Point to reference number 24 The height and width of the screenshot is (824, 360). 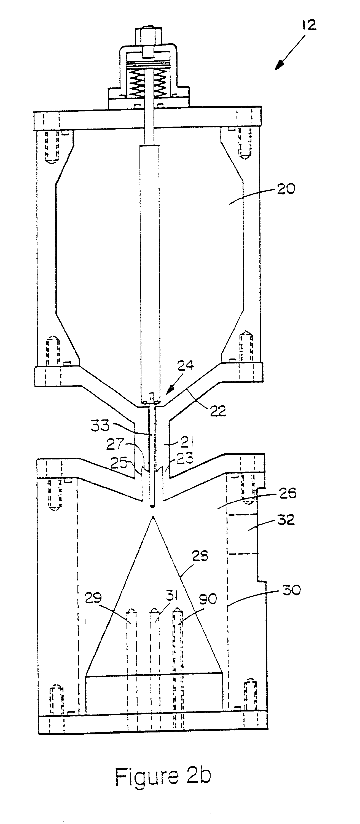pyautogui.click(x=185, y=365)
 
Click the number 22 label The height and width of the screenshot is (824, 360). pyautogui.click(x=218, y=410)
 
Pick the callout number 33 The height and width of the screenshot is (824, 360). pyautogui.click(x=100, y=426)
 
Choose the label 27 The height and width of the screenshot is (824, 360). pyautogui.click(x=115, y=444)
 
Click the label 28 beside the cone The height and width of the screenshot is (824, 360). pyautogui.click(x=200, y=556)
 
